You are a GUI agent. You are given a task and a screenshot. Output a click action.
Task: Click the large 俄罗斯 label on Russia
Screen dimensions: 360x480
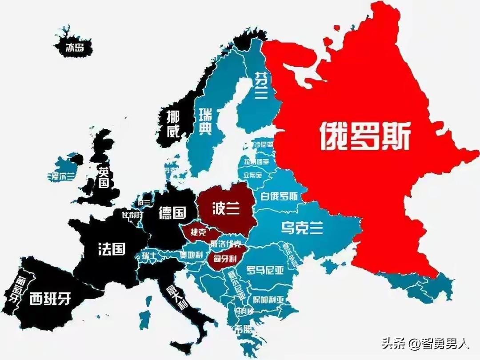364,135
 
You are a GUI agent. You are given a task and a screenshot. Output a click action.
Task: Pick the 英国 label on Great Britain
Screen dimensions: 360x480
104,177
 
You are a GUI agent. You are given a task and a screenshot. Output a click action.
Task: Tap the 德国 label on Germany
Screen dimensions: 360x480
172,213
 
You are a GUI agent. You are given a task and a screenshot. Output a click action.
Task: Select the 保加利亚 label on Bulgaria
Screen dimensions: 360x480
267,299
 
